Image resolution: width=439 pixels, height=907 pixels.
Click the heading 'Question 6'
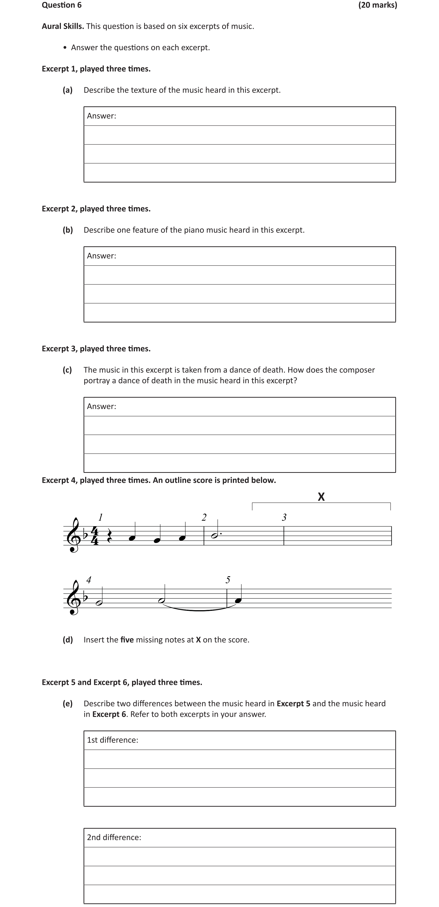(62, 5)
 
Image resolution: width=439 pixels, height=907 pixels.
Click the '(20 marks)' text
(377, 5)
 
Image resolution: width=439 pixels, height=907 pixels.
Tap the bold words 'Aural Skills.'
(63, 26)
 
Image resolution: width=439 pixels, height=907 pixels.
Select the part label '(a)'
(68, 90)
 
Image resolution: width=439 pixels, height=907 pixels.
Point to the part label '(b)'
(68, 230)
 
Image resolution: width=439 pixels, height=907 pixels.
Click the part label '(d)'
(68, 640)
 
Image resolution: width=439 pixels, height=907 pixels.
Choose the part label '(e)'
(68, 703)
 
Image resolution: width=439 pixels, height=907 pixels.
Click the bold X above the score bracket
(321, 497)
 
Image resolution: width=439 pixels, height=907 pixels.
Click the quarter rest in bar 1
(109, 536)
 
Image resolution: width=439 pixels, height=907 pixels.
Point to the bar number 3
(284, 517)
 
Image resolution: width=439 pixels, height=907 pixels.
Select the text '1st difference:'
(113, 740)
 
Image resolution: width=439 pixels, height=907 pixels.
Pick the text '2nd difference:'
(114, 837)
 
